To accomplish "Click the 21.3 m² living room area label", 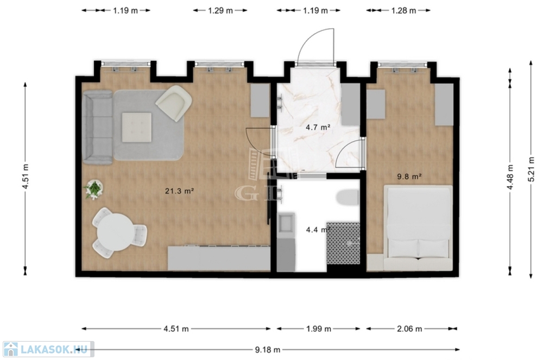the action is click(179, 191).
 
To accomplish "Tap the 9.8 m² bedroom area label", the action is click(409, 176).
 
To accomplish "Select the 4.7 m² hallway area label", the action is click(318, 127).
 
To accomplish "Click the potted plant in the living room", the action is click(94, 190).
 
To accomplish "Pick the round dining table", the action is click(116, 233).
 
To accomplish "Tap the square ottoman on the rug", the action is click(136, 127).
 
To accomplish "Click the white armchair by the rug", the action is click(174, 103).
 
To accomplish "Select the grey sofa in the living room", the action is click(97, 127).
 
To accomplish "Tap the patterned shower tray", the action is click(343, 243).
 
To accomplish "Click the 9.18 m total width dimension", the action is click(267, 350).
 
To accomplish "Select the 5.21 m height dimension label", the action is click(531, 169).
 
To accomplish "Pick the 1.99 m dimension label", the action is click(318, 329).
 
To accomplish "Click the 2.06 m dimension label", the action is click(409, 329).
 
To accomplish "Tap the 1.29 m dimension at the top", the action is click(220, 11).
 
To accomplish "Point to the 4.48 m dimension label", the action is click(510, 177).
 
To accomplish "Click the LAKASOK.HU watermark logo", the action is click(48, 349).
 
